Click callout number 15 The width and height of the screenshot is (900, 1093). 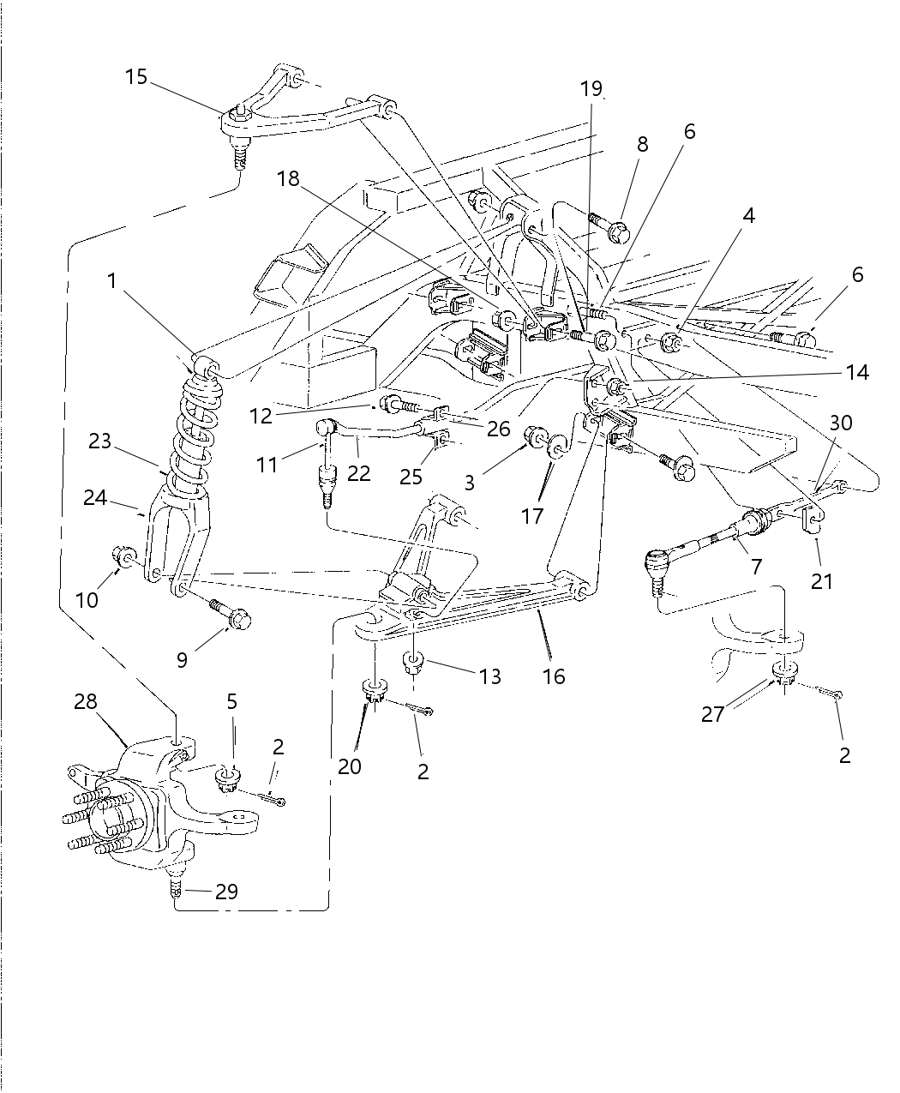coord(135,77)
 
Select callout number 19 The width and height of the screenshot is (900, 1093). coord(591,88)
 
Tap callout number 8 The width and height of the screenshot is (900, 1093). coord(642,144)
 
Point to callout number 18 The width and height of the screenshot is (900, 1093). coord(289,178)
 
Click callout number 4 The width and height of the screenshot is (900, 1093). coord(748,215)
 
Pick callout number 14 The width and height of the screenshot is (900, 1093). coord(856,372)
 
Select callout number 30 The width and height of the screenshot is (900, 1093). coord(841,423)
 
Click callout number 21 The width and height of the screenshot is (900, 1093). coord(822,581)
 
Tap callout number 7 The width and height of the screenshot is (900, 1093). coord(755,567)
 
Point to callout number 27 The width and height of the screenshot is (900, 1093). coord(713,713)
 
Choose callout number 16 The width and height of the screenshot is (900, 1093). coord(554,676)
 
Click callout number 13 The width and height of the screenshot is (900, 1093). coord(489,676)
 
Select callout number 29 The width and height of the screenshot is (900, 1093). coord(226,892)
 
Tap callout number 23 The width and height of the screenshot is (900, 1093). coord(99,441)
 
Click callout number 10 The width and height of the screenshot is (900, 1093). coord(87,600)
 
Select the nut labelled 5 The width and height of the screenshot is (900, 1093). coord(228,778)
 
